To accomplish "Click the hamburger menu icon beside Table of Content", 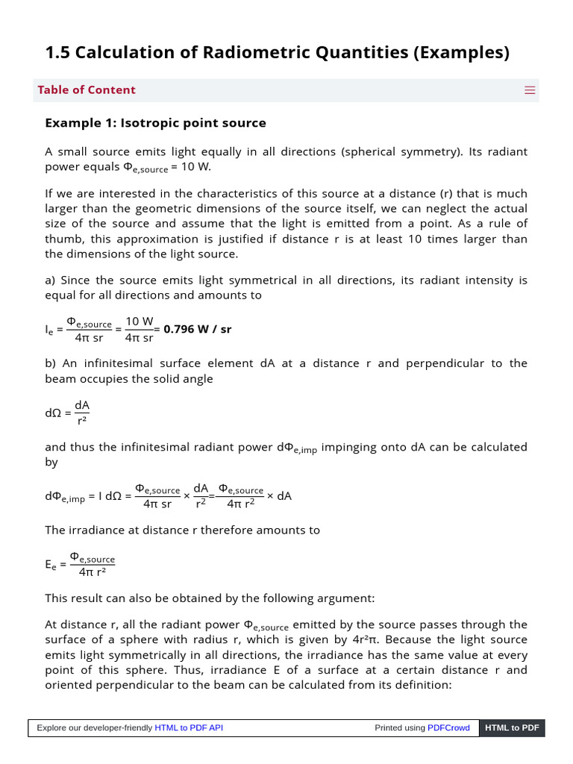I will (530, 90).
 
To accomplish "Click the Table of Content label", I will (87, 90).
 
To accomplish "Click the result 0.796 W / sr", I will (197, 329).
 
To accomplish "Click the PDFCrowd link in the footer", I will (448, 727).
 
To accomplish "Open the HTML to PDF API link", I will (188, 727).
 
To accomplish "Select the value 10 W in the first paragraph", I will (195, 167).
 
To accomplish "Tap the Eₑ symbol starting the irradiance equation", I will (50, 565).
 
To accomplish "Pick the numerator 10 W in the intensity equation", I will (139, 322).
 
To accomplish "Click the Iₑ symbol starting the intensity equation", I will (49, 329).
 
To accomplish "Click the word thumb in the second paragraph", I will (62, 239).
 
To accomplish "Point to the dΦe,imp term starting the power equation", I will (66, 497).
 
